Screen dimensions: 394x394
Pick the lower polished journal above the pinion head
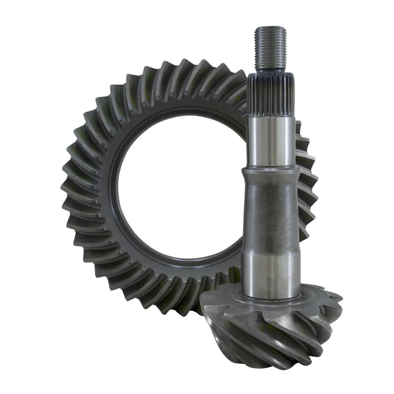coord(270,273)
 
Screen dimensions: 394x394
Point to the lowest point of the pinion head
coord(276,367)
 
